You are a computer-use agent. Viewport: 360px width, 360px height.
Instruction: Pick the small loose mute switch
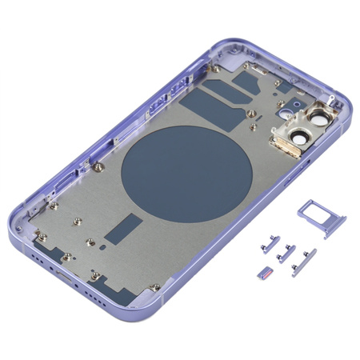coord(264,274)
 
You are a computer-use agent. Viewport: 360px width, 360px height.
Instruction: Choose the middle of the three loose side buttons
coord(282,255)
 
